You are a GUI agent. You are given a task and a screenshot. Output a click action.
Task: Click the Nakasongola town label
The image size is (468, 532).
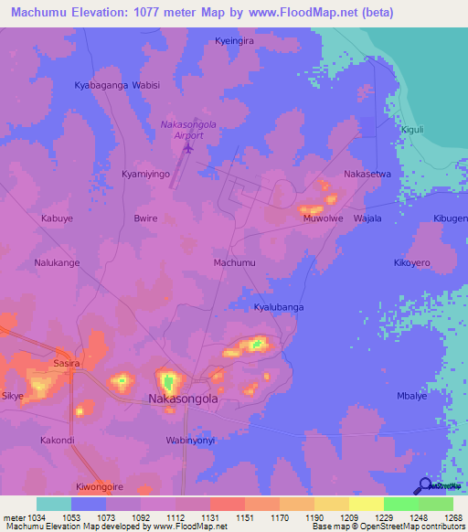(183, 399)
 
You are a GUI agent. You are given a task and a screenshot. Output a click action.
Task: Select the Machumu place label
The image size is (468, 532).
(234, 262)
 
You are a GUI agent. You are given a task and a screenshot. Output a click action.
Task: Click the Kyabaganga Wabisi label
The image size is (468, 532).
(117, 85)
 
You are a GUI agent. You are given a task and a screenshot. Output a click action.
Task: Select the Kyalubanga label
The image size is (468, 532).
(279, 308)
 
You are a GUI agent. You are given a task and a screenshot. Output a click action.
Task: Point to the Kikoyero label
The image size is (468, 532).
(411, 262)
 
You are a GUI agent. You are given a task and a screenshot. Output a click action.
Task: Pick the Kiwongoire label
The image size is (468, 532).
(99, 485)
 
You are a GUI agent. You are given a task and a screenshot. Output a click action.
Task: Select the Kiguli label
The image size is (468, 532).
(413, 130)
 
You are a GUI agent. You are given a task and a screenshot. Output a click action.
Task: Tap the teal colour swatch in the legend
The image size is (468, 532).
(54, 504)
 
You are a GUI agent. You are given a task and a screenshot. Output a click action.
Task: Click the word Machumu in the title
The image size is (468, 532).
(39, 12)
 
